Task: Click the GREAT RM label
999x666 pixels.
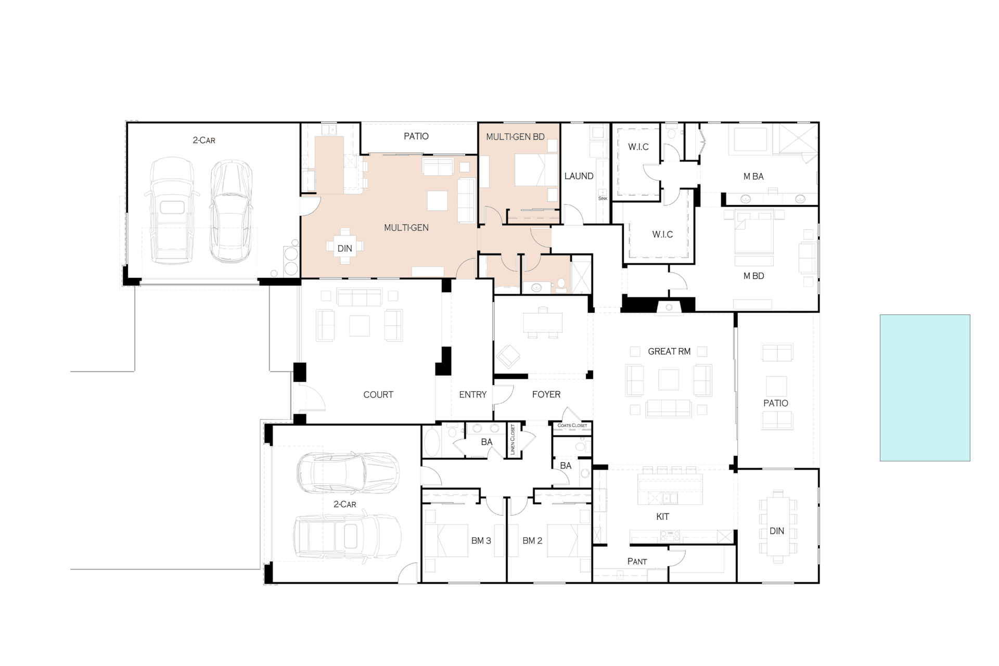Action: tap(669, 352)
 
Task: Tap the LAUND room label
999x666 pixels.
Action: tap(579, 176)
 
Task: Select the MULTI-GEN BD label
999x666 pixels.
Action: tap(515, 137)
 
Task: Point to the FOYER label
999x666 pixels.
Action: tap(546, 395)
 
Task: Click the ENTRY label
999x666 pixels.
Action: tap(473, 395)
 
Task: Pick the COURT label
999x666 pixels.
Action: tap(378, 395)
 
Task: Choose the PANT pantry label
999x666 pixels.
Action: tap(637, 561)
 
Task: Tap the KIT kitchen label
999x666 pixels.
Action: tap(662, 517)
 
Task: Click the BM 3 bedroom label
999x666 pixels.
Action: tap(481, 541)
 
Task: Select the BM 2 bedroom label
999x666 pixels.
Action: tap(532, 541)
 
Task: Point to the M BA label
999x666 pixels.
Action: tap(753, 177)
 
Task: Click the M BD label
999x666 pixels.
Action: tap(753, 276)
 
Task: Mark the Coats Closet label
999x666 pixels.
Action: tap(572, 426)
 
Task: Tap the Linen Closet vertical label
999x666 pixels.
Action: tap(513, 440)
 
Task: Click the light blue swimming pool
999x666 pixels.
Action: tap(925, 388)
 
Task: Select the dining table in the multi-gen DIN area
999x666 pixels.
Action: tap(345, 247)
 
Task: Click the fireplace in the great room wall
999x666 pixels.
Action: tap(669, 307)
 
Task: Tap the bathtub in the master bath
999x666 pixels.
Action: tap(750, 139)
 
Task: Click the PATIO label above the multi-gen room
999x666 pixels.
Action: tap(416, 136)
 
